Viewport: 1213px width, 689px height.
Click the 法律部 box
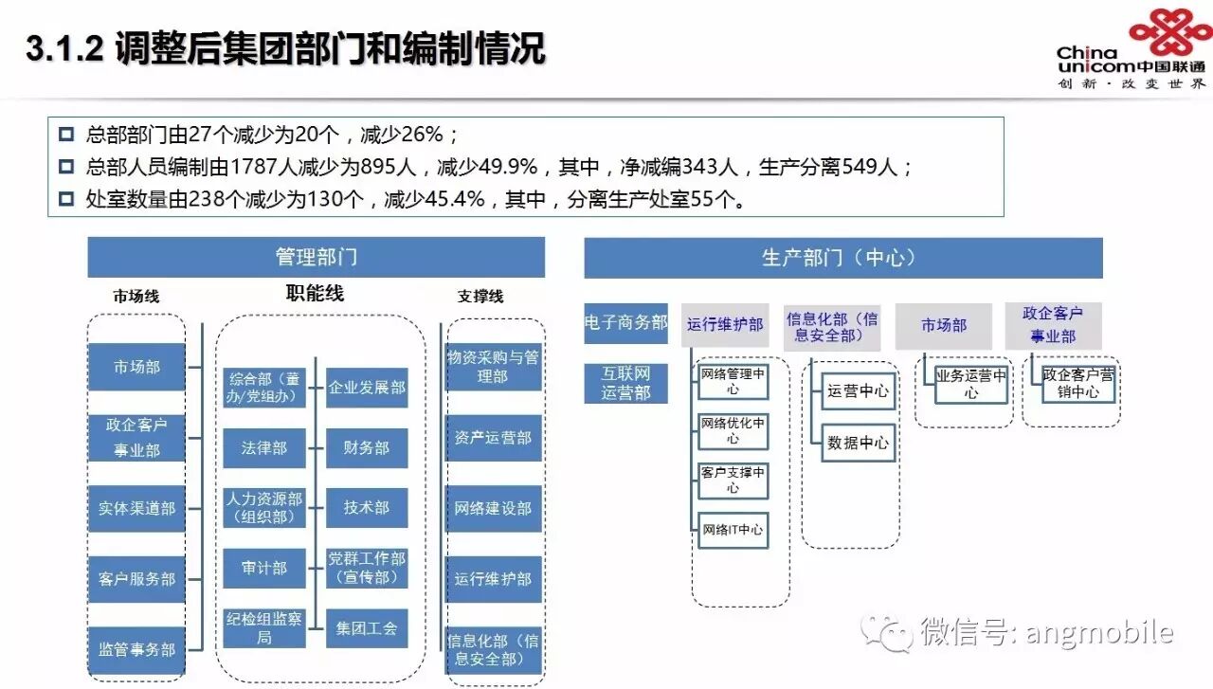coord(264,447)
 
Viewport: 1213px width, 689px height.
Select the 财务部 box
coord(367,447)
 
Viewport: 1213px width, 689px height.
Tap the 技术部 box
coord(367,508)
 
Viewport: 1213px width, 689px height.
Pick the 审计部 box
coord(264,568)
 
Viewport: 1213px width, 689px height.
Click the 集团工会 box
coord(367,628)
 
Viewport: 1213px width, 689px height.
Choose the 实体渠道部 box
coord(136,508)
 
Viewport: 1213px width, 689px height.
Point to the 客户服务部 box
coord(136,578)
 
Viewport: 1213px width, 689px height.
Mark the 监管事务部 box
coord(136,649)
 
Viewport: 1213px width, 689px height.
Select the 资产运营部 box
coord(493,438)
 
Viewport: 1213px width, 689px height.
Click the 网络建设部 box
coord(493,508)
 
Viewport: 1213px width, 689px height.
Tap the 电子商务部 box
coord(625,323)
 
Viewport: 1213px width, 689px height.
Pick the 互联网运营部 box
coord(625,384)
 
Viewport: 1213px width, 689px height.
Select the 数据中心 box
coord(859,443)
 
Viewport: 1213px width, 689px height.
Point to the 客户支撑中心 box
coord(732,480)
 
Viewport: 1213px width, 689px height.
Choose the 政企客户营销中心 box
coord(1078,383)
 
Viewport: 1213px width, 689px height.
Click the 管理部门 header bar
coord(316,257)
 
